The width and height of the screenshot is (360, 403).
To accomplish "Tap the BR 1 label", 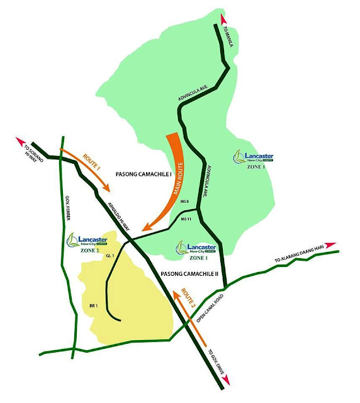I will tap(94, 305).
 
